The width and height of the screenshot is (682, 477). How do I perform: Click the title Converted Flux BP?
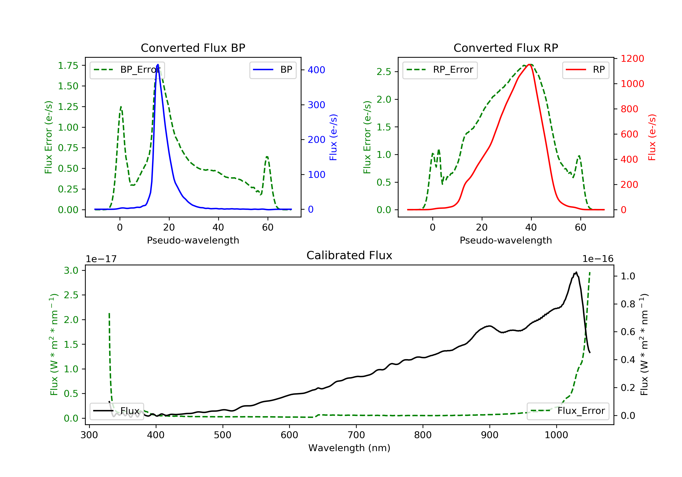[193, 48]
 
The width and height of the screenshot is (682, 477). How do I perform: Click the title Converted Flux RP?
[506, 48]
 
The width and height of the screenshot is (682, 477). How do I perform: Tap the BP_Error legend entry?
[127, 70]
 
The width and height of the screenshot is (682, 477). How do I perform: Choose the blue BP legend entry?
[273, 70]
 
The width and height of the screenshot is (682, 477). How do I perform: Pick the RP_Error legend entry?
[440, 70]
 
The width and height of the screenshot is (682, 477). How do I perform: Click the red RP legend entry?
[585, 70]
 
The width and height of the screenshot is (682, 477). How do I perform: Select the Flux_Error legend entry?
[568, 411]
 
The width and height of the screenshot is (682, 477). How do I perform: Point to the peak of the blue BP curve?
[158, 65]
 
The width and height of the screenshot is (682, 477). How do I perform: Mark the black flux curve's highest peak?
[576, 272]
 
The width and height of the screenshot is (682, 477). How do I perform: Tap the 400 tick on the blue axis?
[316, 70]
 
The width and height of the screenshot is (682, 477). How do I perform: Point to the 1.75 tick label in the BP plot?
[68, 66]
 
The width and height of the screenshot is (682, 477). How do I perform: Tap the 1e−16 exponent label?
[598, 259]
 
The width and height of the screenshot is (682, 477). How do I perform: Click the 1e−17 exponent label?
[101, 259]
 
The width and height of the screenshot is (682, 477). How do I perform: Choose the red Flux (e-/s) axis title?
[652, 137]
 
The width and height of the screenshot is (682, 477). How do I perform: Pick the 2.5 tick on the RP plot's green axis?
[384, 72]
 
